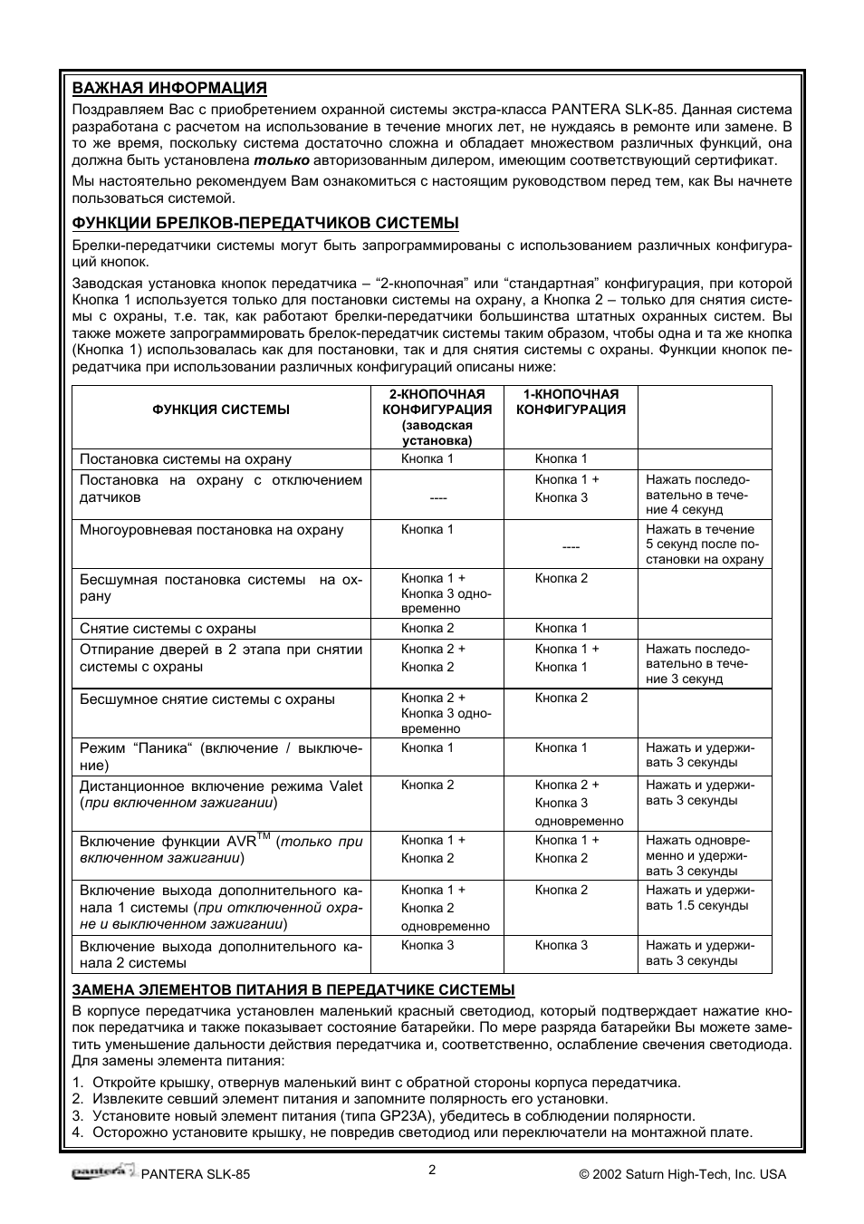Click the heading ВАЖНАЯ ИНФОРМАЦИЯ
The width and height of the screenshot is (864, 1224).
point(169,88)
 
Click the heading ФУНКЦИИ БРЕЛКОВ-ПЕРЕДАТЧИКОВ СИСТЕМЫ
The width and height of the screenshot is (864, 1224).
point(265,223)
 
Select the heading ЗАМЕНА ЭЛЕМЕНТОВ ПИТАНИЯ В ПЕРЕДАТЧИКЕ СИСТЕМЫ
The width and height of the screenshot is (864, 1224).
point(293,989)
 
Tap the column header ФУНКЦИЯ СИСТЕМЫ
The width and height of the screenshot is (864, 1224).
point(221,410)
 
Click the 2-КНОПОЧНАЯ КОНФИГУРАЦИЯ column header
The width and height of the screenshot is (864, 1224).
point(437,417)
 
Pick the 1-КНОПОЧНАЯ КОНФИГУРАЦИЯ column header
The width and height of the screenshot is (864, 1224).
point(571,401)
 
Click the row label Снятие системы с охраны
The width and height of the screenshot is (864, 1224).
point(168,629)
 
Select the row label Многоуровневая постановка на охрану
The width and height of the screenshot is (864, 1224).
point(211,530)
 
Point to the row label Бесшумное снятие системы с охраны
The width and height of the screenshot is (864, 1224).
point(206,699)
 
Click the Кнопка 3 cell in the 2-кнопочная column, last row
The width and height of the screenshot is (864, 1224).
point(427,945)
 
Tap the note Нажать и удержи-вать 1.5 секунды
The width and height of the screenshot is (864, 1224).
point(699,898)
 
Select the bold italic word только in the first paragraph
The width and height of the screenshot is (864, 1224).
point(281,160)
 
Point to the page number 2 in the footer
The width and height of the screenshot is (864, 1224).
point(432,1170)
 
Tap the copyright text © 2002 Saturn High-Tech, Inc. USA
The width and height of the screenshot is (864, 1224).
point(683,1174)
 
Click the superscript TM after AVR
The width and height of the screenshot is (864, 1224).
point(264,835)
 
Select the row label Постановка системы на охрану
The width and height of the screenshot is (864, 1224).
point(185,459)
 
